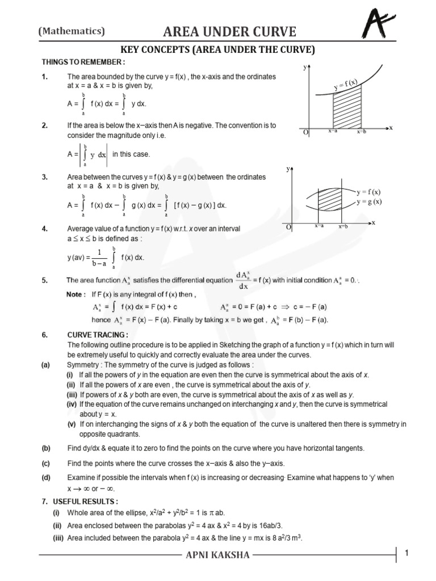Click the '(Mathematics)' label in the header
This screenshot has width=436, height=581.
[72, 31]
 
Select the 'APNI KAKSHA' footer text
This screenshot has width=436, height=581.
[217, 554]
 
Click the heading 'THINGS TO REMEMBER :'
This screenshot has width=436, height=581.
[83, 61]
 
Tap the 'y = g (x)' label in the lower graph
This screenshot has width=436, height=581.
[369, 201]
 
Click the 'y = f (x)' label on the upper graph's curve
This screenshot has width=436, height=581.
[345, 86]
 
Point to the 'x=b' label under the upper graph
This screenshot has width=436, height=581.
[362, 132]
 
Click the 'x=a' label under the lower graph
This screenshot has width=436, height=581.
[319, 226]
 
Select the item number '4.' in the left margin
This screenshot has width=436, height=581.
[45, 228]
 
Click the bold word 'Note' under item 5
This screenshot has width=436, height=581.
[75, 294]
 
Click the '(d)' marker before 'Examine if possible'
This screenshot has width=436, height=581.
[45, 477]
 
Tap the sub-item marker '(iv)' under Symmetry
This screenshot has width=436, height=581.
[72, 405]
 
